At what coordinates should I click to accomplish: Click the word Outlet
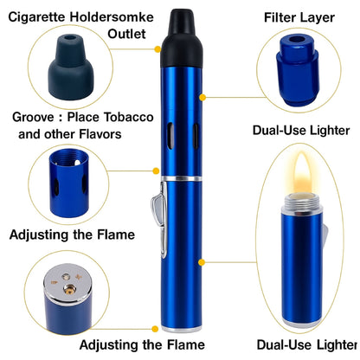[x=128, y=34]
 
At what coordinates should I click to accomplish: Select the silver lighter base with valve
[x=63, y=297]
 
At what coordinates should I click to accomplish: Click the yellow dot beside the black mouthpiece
[x=156, y=48]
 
